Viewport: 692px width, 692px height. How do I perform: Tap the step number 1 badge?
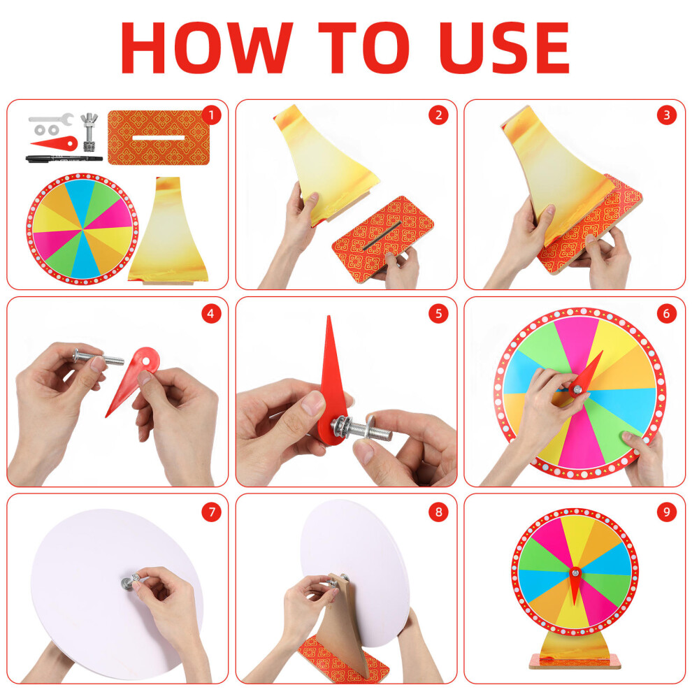211,115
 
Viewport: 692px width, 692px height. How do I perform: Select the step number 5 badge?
438,314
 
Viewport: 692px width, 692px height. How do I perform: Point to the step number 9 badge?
666,512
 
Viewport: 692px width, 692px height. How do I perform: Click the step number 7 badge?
211,512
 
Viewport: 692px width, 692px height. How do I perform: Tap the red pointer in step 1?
55,143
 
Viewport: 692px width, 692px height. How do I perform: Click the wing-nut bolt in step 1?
89,132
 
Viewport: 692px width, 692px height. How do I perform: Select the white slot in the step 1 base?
159,138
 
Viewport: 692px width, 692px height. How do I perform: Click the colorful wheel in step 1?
82,229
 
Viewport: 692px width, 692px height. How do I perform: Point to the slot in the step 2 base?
382,236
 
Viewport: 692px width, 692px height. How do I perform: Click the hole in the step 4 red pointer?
145,361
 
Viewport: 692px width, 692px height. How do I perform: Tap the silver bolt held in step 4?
99,356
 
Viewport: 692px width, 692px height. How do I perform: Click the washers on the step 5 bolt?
342,427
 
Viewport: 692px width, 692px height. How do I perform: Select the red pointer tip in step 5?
329,317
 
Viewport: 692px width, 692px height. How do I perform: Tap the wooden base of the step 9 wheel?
575,661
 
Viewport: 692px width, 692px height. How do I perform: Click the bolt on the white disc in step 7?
131,582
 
